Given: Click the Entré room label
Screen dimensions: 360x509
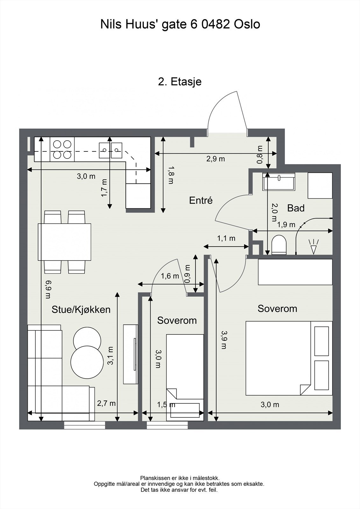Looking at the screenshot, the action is (201, 200).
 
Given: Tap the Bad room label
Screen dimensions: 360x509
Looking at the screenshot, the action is (296, 208).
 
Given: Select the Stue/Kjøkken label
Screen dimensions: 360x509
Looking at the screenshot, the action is (81, 310).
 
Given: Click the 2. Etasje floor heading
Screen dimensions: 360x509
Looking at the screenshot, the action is (180, 81).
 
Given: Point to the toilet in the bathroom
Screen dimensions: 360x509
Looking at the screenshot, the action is (279, 245).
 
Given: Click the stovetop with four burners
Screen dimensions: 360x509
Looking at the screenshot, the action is (62, 149).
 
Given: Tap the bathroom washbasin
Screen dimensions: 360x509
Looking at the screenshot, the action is (279, 182).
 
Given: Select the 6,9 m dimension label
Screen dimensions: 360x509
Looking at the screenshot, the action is (48, 290).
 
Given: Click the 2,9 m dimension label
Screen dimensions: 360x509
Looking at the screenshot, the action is (215, 159).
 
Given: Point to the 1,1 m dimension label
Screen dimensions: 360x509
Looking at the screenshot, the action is (226, 238).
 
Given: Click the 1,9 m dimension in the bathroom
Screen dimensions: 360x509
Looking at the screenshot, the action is (286, 225).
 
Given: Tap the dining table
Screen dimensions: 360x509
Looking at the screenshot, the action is (65, 242).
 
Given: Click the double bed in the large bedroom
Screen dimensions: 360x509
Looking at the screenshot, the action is (289, 358).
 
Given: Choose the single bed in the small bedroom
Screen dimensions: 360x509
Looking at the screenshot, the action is (185, 377).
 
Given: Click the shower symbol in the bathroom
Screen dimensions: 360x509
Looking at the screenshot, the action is (314, 247).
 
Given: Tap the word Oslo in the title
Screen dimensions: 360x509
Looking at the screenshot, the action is (247, 24).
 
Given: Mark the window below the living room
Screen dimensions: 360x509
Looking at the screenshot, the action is (85, 425).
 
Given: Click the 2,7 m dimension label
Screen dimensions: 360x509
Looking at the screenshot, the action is (106, 403).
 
